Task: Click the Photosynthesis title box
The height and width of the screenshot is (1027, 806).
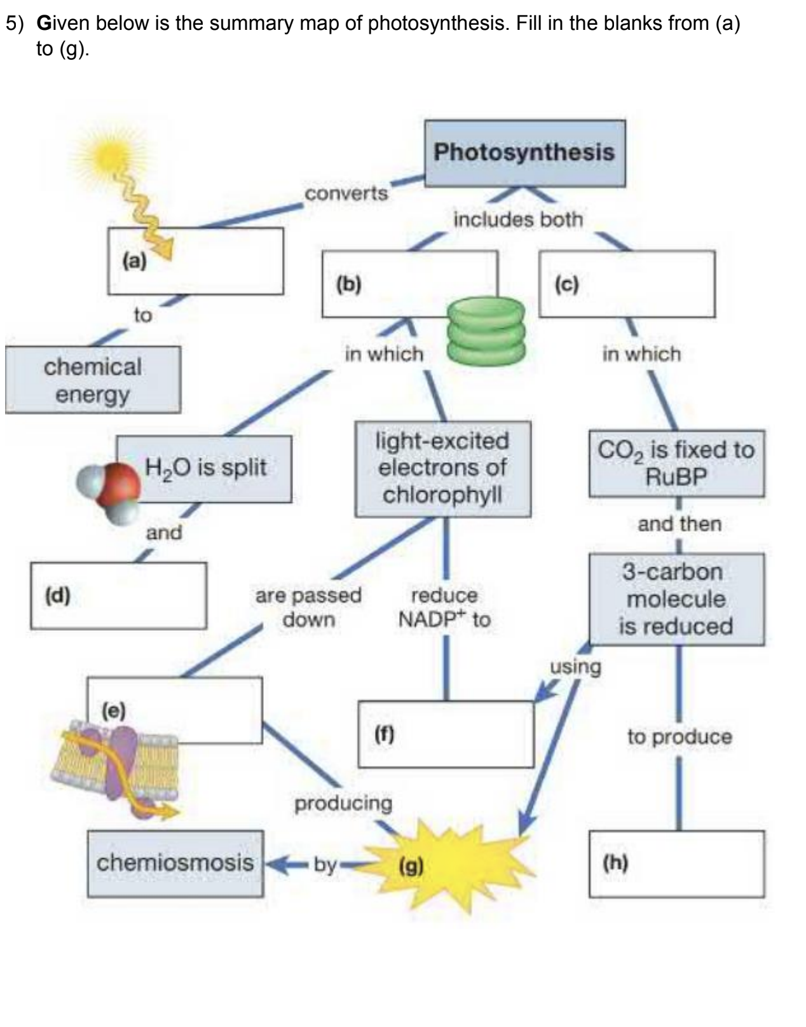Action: [524, 153]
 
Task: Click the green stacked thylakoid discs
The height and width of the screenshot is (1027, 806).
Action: [486, 331]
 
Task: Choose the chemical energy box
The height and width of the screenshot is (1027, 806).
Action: [93, 380]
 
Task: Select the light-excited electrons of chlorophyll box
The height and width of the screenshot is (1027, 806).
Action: [442, 469]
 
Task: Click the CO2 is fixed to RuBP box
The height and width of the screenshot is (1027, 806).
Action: [676, 463]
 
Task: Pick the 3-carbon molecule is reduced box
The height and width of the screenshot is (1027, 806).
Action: [676, 600]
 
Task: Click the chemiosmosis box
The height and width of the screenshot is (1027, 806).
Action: [175, 864]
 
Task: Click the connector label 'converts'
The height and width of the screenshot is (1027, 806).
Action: [346, 193]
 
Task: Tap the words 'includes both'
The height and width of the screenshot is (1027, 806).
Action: [517, 219]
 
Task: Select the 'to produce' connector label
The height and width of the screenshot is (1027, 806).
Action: [679, 737]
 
